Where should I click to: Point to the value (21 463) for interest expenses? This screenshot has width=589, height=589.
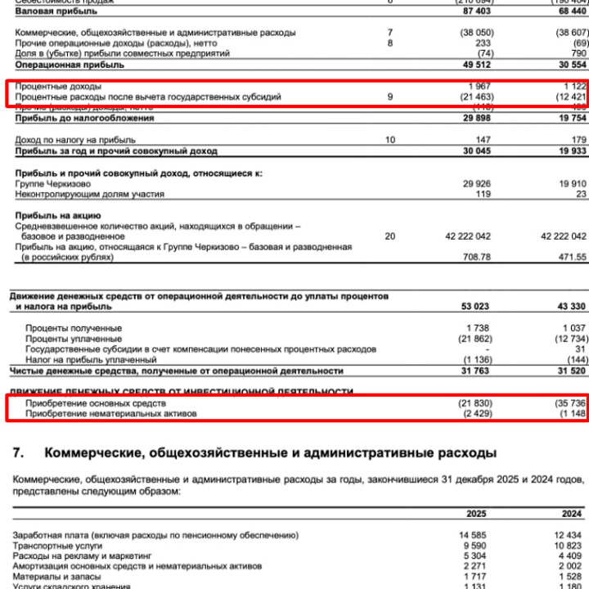(x=474, y=97)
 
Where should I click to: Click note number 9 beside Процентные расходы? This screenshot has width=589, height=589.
(x=390, y=97)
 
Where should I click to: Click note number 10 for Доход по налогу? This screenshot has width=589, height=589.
(x=390, y=141)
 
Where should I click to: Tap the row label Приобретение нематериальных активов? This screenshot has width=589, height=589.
(x=111, y=415)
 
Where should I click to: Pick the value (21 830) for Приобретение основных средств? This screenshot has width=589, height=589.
(x=474, y=404)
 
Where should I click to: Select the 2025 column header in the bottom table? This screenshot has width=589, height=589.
(x=477, y=514)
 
